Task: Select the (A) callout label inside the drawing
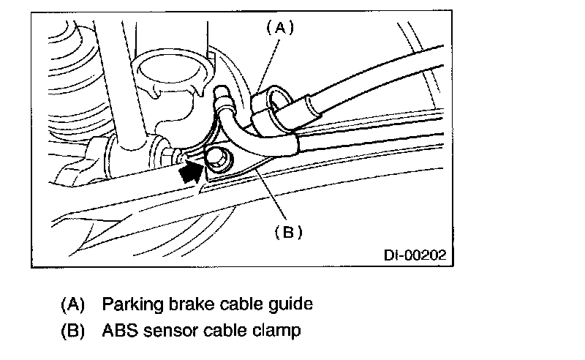(x=278, y=29)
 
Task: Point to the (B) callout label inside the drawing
(x=288, y=232)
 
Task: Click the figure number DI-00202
(x=414, y=256)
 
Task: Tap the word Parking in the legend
(x=127, y=303)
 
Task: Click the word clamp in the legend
(x=277, y=331)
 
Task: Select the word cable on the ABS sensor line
(x=224, y=331)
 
